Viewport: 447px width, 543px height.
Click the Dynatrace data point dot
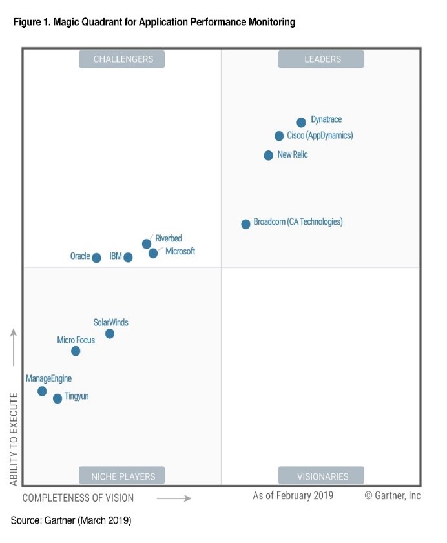click(301, 122)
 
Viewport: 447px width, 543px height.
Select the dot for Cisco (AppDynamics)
click(279, 136)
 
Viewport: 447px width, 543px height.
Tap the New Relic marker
click(269, 155)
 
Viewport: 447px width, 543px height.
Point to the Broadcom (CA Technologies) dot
click(245, 224)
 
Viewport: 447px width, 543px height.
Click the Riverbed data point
click(147, 243)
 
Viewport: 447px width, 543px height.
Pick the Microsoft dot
click(153, 253)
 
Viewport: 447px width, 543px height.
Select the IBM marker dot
click(128, 257)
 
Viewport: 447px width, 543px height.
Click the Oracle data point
click(96, 258)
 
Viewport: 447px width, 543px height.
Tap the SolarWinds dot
click(110, 333)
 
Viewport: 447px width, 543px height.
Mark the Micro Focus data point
click(76, 351)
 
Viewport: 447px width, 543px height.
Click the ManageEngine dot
click(42, 391)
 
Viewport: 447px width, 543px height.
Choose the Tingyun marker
click(57, 398)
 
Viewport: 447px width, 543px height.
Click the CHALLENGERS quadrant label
click(122, 59)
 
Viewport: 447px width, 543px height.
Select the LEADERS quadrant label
click(321, 59)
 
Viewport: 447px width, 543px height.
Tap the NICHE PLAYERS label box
click(122, 476)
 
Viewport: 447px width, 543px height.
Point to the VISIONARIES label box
click(321, 476)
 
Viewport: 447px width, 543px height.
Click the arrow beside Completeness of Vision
click(174, 498)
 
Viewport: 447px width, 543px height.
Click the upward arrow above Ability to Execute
click(14, 347)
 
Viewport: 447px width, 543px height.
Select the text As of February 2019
click(293, 495)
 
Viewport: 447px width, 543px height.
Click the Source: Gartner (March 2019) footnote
click(71, 520)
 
